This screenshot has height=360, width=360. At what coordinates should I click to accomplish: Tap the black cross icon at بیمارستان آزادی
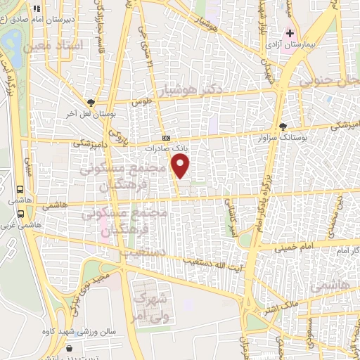pyautogui.click(x=289, y=33)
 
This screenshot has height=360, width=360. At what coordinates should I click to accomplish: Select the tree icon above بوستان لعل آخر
pyautogui.click(x=90, y=103)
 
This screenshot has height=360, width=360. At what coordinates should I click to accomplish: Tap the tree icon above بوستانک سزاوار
pyautogui.click(x=283, y=127)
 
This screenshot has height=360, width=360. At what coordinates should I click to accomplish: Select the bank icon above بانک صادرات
pyautogui.click(x=166, y=138)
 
